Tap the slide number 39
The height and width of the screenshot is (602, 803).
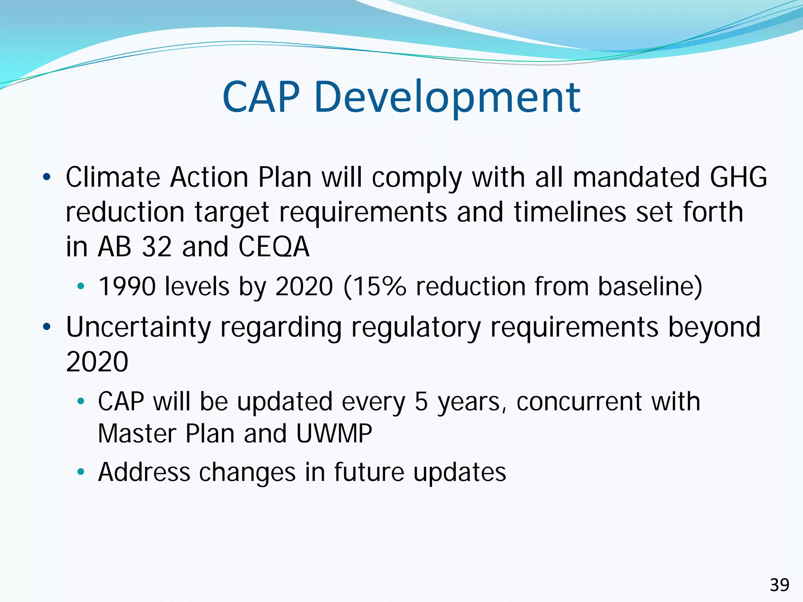pyautogui.click(x=779, y=585)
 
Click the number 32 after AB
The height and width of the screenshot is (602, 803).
pyautogui.click(x=157, y=247)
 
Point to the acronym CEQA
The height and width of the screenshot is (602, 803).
pyautogui.click(x=274, y=247)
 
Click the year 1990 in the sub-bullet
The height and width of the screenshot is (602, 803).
pyautogui.click(x=127, y=286)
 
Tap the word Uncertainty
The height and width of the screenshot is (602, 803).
pyautogui.click(x=138, y=328)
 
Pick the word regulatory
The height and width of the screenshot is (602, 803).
pyautogui.click(x=416, y=328)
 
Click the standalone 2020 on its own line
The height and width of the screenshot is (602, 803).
pyautogui.click(x=97, y=362)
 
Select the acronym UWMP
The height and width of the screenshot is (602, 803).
pyautogui.click(x=334, y=434)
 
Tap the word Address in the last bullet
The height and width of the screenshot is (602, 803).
pyautogui.click(x=144, y=472)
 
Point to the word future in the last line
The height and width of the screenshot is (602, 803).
pyautogui.click(x=369, y=472)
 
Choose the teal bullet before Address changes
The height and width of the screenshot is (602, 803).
pyautogui.click(x=81, y=473)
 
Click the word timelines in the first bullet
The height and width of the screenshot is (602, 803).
pyautogui.click(x=570, y=212)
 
